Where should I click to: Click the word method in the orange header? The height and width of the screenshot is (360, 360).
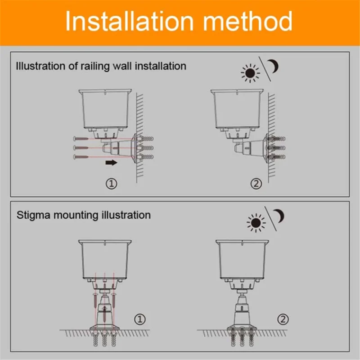pos(246,22)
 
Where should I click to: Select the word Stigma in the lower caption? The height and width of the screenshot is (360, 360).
pos(34,215)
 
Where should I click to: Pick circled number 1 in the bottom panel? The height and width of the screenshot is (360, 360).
pos(141,320)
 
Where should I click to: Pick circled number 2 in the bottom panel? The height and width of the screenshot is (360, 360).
pos(283,320)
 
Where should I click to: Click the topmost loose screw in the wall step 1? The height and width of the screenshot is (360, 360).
pos(81,139)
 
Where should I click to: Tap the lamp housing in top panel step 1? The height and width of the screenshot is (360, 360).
pos(104,108)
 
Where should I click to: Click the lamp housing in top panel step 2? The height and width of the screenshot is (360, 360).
pos(238,108)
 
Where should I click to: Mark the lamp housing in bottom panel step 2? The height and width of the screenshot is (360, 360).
pos(243,259)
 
